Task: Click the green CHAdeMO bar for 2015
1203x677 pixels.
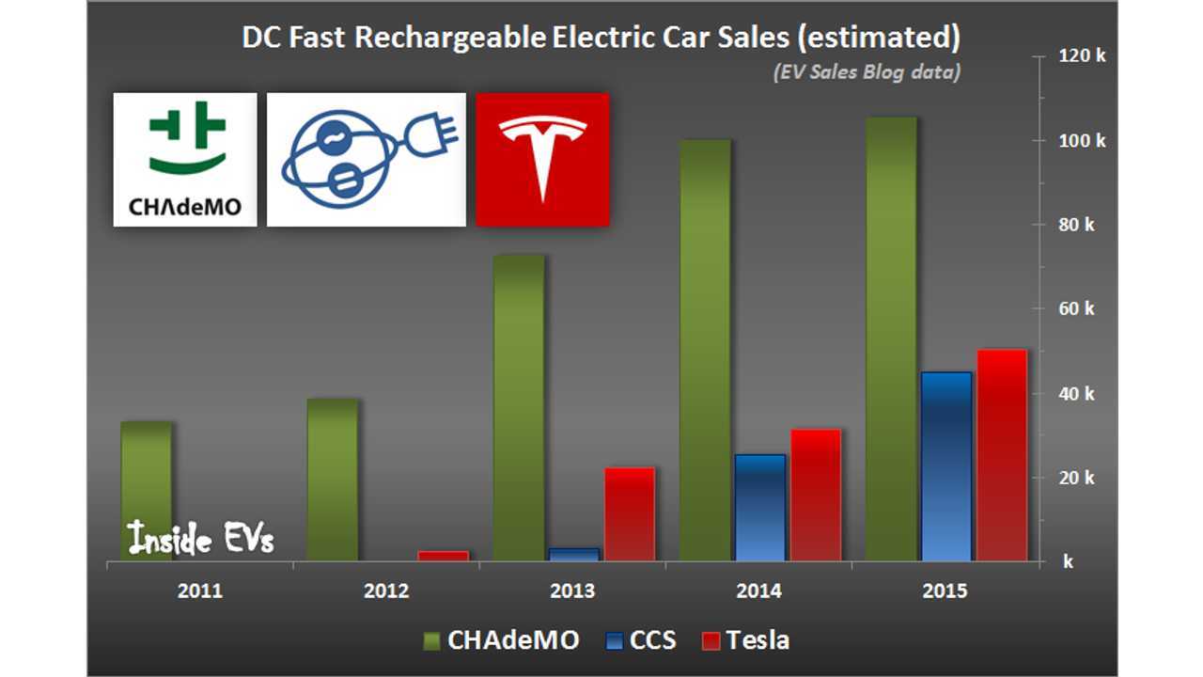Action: point(892,339)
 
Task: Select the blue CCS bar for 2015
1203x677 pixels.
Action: point(946,466)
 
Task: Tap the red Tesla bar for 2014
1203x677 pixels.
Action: point(816,495)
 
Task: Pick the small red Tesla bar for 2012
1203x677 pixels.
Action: point(443,556)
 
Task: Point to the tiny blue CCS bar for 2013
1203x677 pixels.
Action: point(573,555)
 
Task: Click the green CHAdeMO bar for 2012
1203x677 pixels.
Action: point(333,480)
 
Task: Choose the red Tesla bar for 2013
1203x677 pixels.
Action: point(630,514)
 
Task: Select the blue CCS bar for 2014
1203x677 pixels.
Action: point(760,508)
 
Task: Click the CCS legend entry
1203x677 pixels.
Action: point(641,640)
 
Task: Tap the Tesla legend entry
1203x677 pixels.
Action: point(746,640)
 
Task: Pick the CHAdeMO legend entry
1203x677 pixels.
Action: point(501,640)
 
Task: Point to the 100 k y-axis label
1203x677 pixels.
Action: point(1082,141)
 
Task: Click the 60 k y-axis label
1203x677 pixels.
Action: point(1076,309)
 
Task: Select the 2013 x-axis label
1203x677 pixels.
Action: point(572,591)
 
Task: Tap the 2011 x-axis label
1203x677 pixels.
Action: point(200,591)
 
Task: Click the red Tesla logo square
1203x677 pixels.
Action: point(542,160)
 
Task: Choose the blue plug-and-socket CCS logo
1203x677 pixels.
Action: point(367,160)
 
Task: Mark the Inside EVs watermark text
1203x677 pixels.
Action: point(200,538)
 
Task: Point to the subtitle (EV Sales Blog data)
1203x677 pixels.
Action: point(867,72)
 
